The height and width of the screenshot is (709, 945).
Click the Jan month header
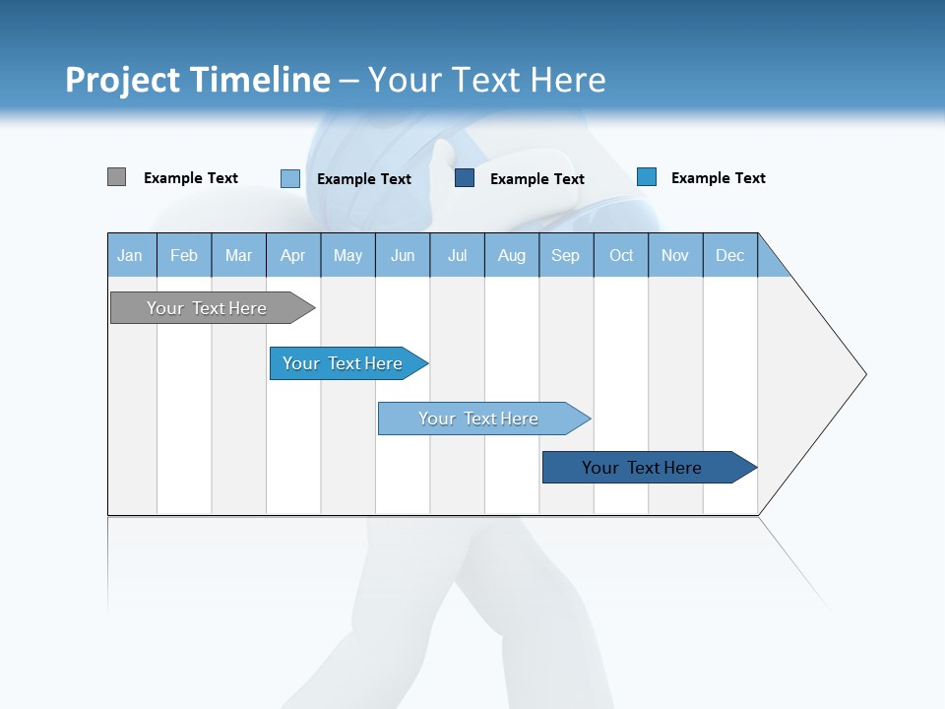click(131, 255)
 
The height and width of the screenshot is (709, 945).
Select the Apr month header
click(293, 255)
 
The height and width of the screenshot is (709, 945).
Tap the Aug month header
click(512, 255)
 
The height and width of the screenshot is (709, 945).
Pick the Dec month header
click(730, 255)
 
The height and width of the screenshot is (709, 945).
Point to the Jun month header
click(403, 255)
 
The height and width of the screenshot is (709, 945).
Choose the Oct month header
click(621, 255)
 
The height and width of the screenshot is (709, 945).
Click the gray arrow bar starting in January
click(208, 308)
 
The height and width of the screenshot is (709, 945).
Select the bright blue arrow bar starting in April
click(344, 363)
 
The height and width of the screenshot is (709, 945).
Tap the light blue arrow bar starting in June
click(479, 419)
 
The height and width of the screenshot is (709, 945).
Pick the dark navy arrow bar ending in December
click(643, 468)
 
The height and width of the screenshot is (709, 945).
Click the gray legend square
click(116, 177)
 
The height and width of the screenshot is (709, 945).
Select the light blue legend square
click(289, 178)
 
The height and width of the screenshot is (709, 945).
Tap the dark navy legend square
click(465, 178)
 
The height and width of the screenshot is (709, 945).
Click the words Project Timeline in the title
click(197, 80)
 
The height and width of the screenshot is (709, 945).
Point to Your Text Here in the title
click(486, 80)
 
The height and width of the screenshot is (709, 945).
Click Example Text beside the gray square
click(191, 178)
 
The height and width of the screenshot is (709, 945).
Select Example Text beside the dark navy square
click(537, 179)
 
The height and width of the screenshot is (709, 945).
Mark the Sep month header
click(566, 255)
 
